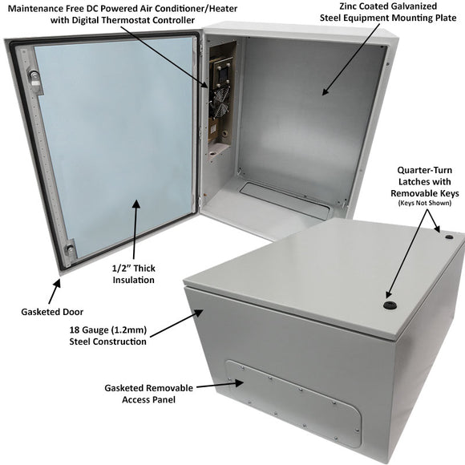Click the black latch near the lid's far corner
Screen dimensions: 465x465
pyautogui.click(x=448, y=237)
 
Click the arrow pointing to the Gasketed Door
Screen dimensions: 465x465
pyautogui.click(x=57, y=289)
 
